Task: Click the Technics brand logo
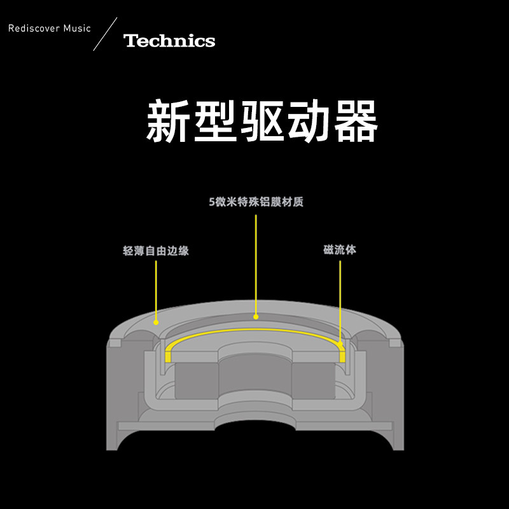click(169, 41)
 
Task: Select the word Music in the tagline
click(77, 29)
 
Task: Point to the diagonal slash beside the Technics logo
click(106, 34)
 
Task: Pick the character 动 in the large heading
click(309, 121)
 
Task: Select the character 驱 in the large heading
click(262, 121)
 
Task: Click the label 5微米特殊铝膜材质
click(256, 203)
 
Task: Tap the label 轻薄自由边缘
click(156, 251)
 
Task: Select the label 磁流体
click(340, 249)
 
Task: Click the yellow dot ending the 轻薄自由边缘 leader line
click(156, 322)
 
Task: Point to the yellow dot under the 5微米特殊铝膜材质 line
click(256, 316)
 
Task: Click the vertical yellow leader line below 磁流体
click(340, 299)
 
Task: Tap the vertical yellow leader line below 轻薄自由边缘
click(156, 289)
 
